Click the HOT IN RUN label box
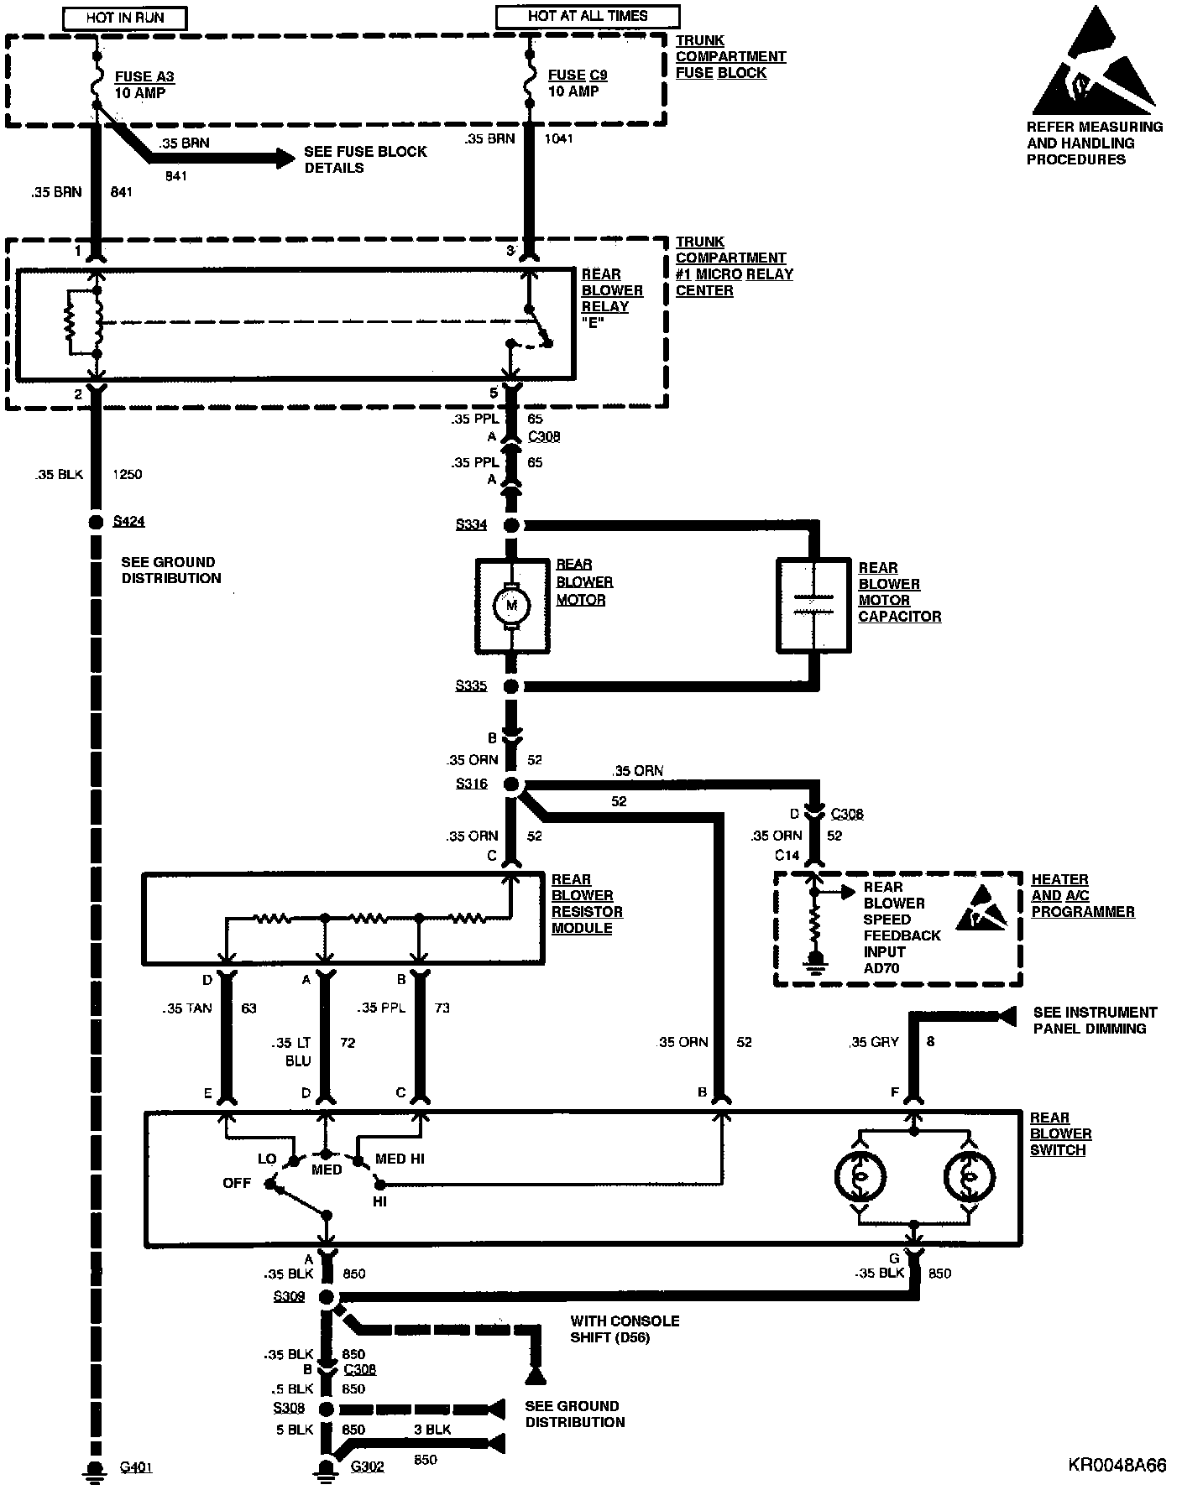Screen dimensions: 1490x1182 (x=124, y=18)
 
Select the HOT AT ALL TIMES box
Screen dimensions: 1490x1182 (x=588, y=16)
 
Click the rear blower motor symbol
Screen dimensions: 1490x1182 (x=512, y=605)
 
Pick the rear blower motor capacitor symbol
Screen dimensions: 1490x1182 (x=813, y=605)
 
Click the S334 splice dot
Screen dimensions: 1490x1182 (x=511, y=526)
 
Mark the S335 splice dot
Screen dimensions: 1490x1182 (x=511, y=686)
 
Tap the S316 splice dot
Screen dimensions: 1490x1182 (x=511, y=785)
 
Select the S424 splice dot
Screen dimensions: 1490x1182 (x=95, y=522)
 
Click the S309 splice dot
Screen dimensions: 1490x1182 (x=326, y=1297)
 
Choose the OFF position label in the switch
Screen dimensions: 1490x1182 (x=237, y=1184)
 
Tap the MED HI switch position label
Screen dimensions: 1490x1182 (x=400, y=1159)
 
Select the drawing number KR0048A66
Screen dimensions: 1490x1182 (x=1117, y=1466)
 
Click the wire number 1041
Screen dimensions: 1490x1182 (x=559, y=138)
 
